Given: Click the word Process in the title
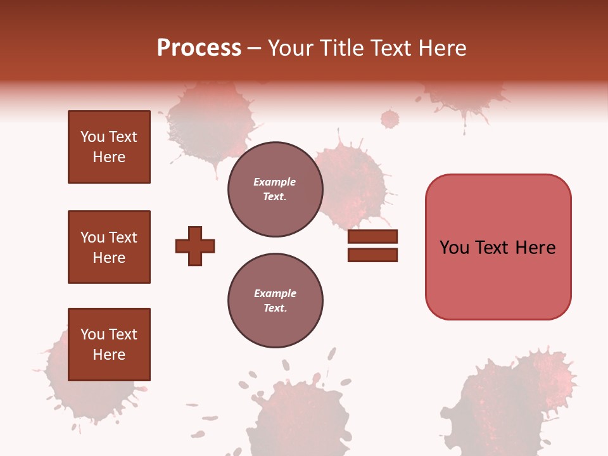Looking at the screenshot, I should [x=199, y=48].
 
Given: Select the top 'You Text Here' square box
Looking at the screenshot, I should [x=109, y=147].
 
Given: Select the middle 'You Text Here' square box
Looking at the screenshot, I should [x=109, y=247].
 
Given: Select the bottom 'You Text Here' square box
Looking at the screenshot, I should [x=109, y=345].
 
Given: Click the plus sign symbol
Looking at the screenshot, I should [x=195, y=246].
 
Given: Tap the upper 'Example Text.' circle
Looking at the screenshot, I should [x=275, y=189].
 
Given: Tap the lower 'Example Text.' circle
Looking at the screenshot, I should [x=275, y=301].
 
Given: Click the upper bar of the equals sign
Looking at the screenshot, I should [x=372, y=236].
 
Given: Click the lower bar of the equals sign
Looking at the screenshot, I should [x=372, y=255].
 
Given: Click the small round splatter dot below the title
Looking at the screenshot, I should [x=390, y=118].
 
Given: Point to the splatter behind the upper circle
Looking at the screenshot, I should [x=351, y=184].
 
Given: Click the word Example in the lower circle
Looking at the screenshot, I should [x=275, y=293].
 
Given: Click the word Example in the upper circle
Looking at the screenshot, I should [x=274, y=182].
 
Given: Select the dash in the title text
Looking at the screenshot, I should [x=255, y=49].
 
